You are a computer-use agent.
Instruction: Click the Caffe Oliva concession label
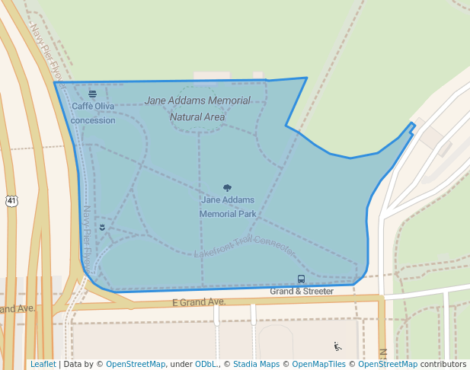click(93, 113)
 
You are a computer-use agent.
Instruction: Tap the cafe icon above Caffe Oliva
click(92, 94)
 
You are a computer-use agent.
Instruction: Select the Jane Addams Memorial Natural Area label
click(197, 109)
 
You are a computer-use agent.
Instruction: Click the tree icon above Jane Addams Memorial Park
click(227, 187)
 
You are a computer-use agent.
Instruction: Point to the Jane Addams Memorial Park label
click(227, 207)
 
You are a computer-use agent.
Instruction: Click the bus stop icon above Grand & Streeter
click(301, 279)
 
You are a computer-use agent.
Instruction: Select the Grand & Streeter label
click(302, 292)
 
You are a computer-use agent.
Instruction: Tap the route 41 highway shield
click(11, 201)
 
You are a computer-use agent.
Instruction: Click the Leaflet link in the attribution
click(43, 365)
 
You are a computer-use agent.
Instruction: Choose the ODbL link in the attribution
click(206, 365)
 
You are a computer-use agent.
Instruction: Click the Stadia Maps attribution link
click(256, 365)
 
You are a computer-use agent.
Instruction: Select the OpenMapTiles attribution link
click(318, 365)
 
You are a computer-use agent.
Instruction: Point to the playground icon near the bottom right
click(338, 346)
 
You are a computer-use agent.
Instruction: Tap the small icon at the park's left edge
click(102, 227)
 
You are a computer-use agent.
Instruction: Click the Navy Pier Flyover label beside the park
click(88, 239)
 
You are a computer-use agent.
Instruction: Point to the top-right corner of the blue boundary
click(307, 78)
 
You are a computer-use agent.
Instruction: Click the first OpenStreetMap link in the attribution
click(136, 365)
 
